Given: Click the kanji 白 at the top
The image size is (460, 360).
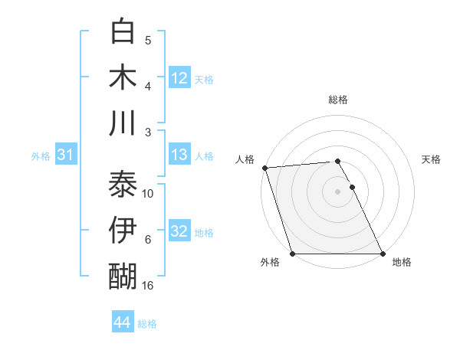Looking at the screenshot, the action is [123, 32].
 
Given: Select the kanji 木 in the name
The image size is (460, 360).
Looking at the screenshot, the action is [123, 77].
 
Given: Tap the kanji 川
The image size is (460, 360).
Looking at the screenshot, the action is [123, 123].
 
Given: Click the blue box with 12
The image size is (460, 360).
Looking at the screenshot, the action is [179, 77].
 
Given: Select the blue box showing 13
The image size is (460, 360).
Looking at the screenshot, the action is [179, 155].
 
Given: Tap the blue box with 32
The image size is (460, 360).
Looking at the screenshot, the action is [179, 231].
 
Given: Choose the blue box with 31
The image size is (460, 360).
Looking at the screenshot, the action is [65, 155].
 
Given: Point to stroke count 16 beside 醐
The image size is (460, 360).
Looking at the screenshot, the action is [148, 286].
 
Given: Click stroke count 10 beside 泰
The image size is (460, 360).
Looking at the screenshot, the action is [148, 193].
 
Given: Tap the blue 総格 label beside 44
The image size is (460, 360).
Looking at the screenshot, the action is [147, 324].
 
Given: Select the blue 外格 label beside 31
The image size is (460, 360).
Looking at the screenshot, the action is [41, 156].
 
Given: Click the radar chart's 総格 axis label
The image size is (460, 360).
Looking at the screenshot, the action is [338, 100].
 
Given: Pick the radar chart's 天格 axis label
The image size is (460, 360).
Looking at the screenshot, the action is [432, 159].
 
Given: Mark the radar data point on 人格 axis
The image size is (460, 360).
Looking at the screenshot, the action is [264, 168].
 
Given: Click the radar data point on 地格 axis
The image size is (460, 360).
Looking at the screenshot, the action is [383, 254].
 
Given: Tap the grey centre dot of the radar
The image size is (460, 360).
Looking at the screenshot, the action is [338, 191].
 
